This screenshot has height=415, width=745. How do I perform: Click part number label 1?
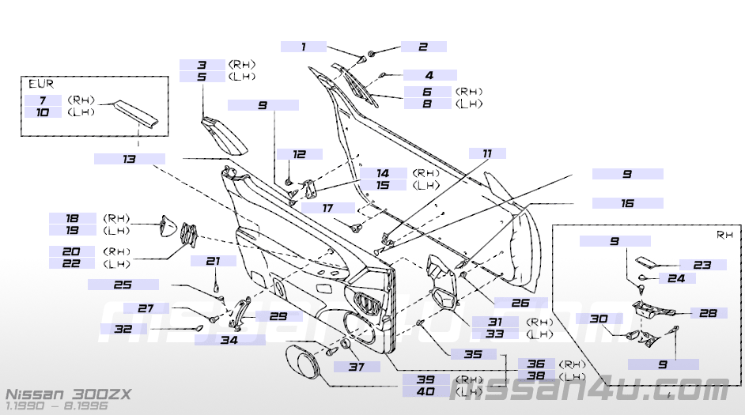tap(303, 47)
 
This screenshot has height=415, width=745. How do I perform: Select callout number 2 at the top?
tap(423, 47)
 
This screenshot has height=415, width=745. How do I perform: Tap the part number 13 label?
tap(129, 159)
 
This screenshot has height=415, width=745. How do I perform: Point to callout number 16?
tap(627, 203)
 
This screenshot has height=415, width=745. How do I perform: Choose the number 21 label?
tap(212, 261)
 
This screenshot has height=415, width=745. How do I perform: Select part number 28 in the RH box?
tap(703, 313)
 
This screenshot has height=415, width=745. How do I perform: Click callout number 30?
tap(599, 319)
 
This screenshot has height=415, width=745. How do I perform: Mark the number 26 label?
tap(518, 301)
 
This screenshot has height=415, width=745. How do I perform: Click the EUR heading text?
tap(41, 83)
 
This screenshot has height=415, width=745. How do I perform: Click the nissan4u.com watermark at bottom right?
tap(589, 389)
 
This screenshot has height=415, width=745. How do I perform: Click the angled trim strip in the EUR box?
tap(138, 115)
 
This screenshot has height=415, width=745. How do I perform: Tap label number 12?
tap(299, 154)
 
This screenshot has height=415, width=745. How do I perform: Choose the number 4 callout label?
tap(429, 75)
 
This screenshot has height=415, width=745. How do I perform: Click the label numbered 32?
tap(123, 329)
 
